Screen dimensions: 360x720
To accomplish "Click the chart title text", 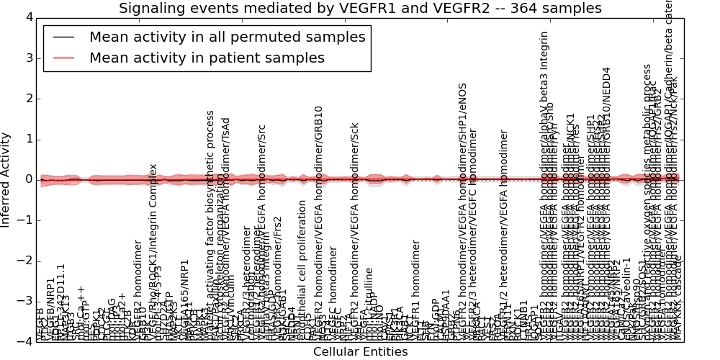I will click(360, 8).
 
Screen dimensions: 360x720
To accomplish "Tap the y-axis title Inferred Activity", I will click(6, 179).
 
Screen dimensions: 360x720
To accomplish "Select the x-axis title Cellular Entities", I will click(360, 352).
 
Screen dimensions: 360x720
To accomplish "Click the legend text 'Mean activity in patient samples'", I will click(207, 58).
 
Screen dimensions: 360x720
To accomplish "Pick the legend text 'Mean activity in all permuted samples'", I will click(227, 37).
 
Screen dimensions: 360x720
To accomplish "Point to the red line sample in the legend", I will click(62, 58).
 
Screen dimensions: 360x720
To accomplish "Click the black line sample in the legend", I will click(62, 37).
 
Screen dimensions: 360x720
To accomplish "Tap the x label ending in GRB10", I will click(318, 223).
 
